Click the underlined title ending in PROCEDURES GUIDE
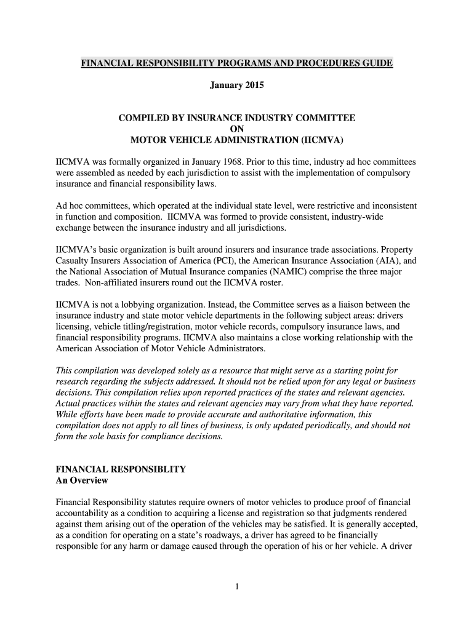point(237,64)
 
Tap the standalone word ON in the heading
point(237,129)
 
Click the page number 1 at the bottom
point(237,586)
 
